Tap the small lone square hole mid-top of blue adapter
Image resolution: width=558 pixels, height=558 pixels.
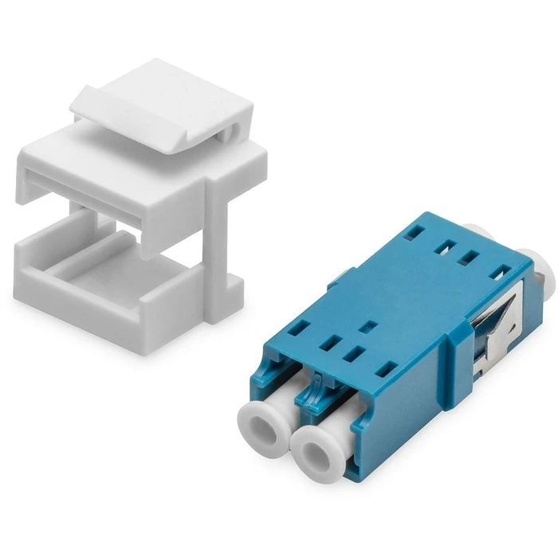point(368,326)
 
